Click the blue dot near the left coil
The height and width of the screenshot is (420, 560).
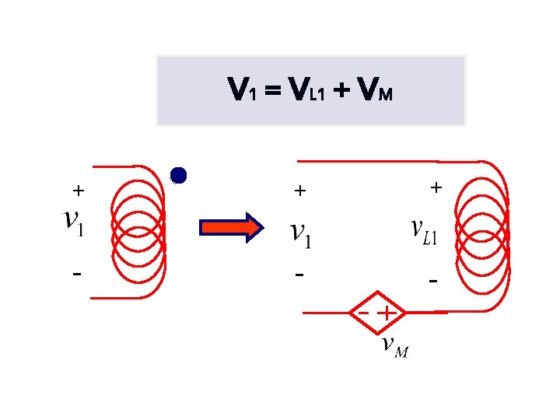[180, 176]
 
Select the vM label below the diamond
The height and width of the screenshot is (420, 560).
[394, 346]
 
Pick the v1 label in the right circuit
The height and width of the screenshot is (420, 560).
[301, 235]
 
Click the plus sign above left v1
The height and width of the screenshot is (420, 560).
[78, 190]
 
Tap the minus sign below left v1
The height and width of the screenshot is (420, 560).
[76, 274]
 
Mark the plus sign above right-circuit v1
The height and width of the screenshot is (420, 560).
[300, 190]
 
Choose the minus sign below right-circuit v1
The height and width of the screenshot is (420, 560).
[299, 275]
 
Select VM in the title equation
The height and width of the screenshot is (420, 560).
[374, 92]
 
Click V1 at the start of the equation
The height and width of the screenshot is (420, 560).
[240, 92]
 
